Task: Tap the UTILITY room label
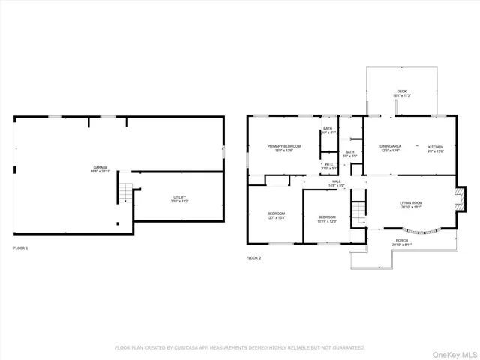[179, 199]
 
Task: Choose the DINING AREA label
[390, 148]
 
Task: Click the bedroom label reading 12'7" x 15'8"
[276, 216]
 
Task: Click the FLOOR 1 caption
[20, 247]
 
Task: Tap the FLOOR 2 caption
[253, 257]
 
